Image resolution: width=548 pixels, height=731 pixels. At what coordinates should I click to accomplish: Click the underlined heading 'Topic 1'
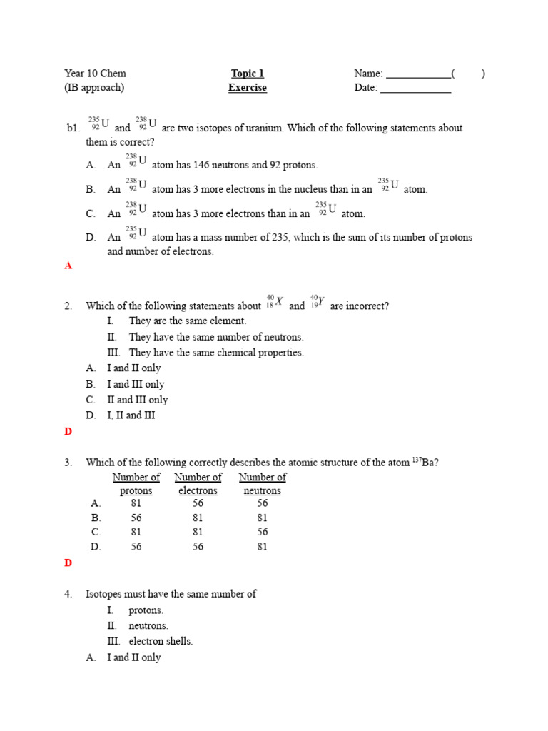point(248,74)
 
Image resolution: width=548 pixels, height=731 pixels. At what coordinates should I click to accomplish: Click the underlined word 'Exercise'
point(248,88)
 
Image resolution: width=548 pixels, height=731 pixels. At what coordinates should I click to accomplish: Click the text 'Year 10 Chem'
point(95,74)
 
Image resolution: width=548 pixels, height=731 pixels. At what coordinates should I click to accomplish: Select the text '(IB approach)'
point(94,88)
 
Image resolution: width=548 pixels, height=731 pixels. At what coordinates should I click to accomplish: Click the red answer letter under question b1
point(68,266)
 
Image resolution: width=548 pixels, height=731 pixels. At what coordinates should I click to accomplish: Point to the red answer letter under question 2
point(68,431)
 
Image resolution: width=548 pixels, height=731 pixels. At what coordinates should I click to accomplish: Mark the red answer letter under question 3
point(68,563)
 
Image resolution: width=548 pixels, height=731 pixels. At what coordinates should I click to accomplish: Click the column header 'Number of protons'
point(136,484)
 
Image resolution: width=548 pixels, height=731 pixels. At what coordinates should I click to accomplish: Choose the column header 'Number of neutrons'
point(262,484)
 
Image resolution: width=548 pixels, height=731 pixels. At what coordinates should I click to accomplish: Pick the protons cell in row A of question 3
point(136,503)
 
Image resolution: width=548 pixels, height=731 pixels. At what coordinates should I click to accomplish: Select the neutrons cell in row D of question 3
point(262,547)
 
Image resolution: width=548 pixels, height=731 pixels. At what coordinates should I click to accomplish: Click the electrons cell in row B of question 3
point(198,518)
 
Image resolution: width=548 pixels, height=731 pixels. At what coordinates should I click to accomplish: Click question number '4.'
point(68,594)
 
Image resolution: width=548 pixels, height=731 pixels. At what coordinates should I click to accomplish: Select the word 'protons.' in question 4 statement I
point(146,610)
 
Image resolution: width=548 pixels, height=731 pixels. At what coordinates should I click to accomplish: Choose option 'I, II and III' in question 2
point(131,415)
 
